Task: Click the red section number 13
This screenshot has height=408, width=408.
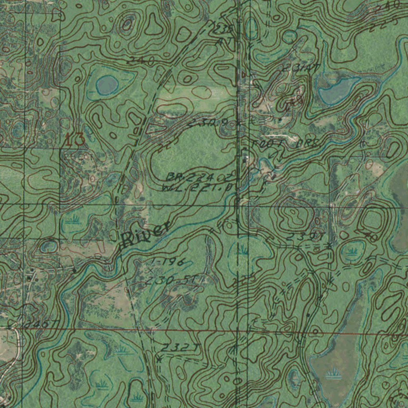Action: [x=75, y=140]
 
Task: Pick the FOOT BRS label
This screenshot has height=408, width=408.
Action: [x=284, y=144]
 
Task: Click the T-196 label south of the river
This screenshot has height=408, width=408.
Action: [x=168, y=261]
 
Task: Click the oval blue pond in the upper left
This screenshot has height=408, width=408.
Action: [x=107, y=84]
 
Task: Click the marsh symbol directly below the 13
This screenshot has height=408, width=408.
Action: [x=73, y=219]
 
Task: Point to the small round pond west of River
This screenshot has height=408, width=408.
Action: [x=49, y=246]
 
